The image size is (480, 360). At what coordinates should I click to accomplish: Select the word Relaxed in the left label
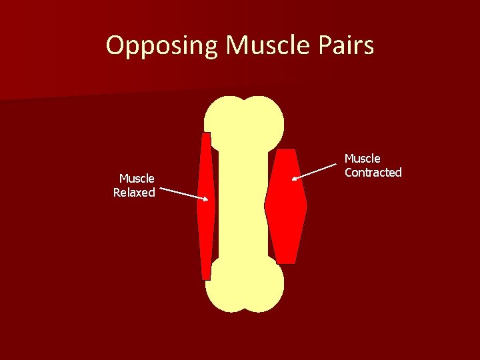134,193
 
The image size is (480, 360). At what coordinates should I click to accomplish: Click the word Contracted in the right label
373,173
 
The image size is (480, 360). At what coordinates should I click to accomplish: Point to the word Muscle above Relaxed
137,178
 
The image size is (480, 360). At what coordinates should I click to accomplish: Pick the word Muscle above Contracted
363,159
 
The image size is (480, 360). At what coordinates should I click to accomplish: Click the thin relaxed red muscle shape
207,207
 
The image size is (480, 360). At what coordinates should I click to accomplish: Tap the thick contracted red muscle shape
285,207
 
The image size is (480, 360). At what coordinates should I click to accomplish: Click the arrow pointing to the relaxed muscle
183,194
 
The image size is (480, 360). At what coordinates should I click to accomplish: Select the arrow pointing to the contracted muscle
317,172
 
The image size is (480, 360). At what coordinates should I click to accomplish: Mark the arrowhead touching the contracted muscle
295,179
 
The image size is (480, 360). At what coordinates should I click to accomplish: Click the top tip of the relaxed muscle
207,135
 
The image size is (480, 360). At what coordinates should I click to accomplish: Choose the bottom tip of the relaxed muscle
207,277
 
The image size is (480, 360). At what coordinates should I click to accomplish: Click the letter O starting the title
116,46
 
